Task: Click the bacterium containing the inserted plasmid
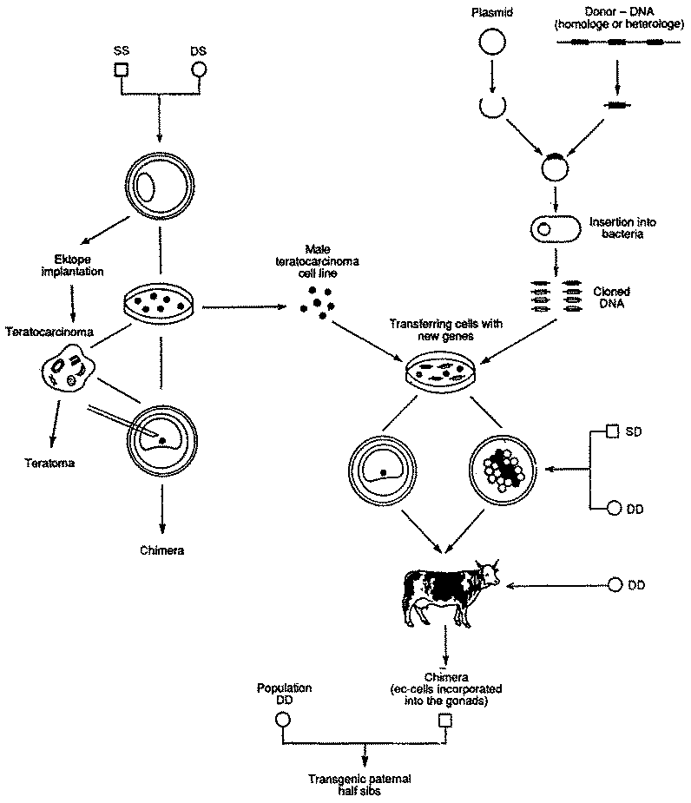(551, 229)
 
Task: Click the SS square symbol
(122, 71)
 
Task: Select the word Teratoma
(49, 463)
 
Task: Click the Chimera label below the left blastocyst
(161, 550)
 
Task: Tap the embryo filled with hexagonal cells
(502, 469)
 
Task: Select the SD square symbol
(612, 431)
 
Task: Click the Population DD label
(283, 694)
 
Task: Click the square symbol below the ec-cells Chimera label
(446, 720)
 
